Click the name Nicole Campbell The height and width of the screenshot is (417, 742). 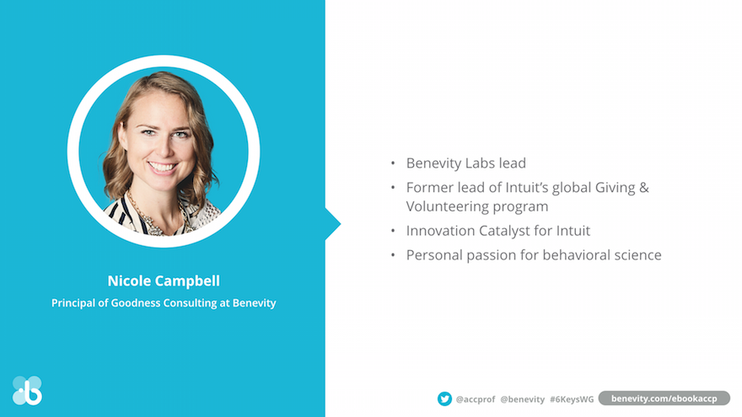164,281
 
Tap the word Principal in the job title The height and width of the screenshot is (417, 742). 73,303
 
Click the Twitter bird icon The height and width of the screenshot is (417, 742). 444,398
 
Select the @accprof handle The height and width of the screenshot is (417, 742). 475,399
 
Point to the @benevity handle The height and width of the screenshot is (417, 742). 523,399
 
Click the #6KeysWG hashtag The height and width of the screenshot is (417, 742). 572,399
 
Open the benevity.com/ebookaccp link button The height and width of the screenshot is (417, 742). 664,398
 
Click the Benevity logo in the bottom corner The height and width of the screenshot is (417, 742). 28,391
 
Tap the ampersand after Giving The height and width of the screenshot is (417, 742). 644,188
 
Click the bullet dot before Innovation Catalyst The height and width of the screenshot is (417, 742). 393,231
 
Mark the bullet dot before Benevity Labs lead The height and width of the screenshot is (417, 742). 393,163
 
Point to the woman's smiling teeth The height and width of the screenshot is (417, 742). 162,167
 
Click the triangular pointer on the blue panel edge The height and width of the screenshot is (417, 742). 333,224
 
